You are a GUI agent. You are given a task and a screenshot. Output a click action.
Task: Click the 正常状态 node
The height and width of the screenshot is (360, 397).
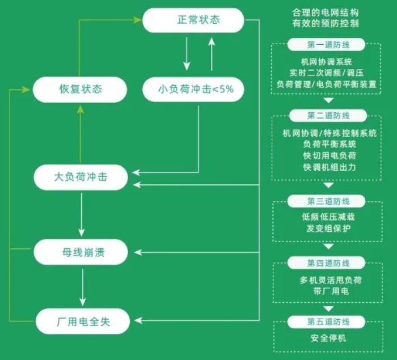pos(193,20)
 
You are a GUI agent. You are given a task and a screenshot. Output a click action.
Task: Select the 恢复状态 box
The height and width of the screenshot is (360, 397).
pos(79,90)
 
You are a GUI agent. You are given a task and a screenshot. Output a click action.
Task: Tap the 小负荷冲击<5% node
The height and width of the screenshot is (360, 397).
pos(193,90)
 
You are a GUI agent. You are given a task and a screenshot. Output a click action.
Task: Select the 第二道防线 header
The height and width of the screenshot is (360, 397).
pos(328,116)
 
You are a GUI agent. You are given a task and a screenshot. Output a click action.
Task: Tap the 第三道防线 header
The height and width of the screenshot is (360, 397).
pos(328,201)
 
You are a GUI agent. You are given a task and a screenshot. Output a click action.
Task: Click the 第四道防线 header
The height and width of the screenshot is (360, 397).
pos(328,264)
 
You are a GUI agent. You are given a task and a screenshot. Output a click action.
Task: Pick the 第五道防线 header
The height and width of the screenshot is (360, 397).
pos(328,322)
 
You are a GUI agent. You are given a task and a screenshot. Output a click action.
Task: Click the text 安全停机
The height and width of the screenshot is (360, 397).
pos(328,339)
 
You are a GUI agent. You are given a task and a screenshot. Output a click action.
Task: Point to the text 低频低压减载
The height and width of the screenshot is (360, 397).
pos(328,217)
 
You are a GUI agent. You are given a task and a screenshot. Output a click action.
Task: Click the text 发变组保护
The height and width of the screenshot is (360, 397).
pos(328,228)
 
